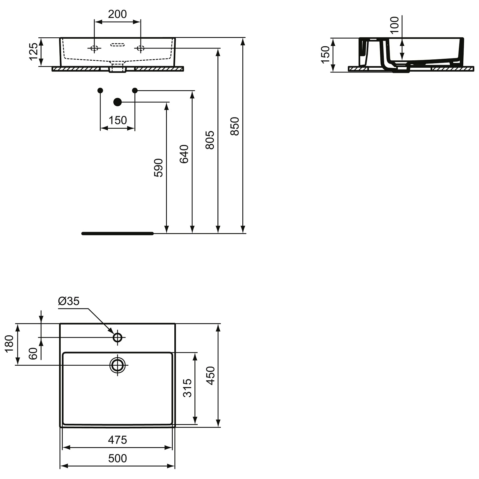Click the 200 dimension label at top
click(x=117, y=14)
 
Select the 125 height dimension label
click(x=34, y=51)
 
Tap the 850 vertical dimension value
click(x=235, y=126)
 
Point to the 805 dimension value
click(x=210, y=140)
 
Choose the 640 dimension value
click(x=184, y=154)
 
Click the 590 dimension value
click(x=159, y=168)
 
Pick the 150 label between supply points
click(x=118, y=120)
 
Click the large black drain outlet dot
click(x=118, y=102)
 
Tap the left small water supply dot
click(x=100, y=90)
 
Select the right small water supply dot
click(x=135, y=90)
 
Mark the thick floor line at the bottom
click(x=118, y=233)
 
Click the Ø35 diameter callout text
click(x=69, y=301)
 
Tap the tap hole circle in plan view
click(x=118, y=337)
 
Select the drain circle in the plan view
click(x=118, y=365)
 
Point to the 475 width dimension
click(x=118, y=440)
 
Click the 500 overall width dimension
click(x=118, y=458)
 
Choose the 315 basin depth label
click(x=187, y=388)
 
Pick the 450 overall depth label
click(x=210, y=375)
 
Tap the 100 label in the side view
click(x=395, y=25)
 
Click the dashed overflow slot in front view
click(x=118, y=45)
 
